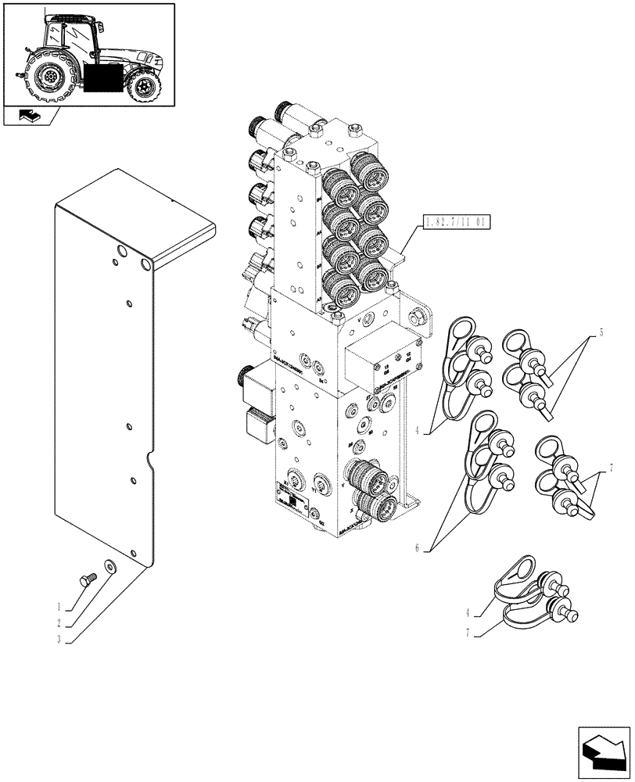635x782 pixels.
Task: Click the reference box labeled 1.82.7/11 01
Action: [455, 222]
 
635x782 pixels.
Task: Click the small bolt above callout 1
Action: [87, 579]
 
